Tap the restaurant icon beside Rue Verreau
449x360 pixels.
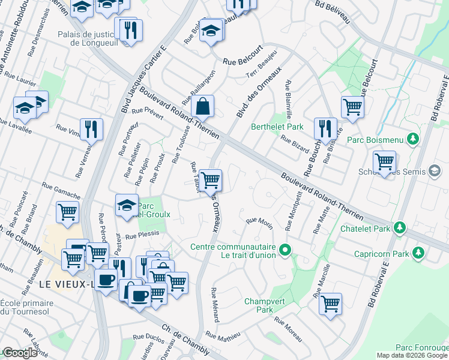[91, 129]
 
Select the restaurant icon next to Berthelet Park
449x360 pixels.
[325, 128]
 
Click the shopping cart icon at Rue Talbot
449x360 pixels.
[210, 179]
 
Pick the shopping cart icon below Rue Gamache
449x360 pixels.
[68, 211]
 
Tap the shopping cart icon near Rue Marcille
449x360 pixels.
[330, 303]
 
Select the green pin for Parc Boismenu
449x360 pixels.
[412, 140]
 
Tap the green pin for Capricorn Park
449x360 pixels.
[414, 253]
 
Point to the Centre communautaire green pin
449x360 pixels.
[286, 250]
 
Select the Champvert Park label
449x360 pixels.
[259, 305]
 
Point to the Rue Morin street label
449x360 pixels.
[259, 222]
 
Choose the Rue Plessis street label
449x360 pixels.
[142, 236]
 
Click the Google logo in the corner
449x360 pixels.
[19, 353]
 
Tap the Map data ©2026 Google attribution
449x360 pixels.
[412, 355]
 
